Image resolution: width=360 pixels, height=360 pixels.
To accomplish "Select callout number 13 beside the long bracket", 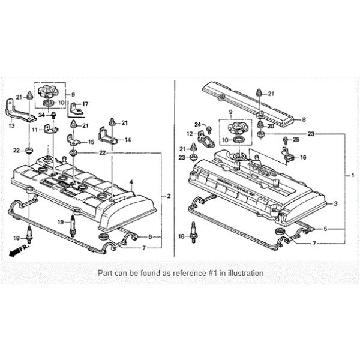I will click(13, 126).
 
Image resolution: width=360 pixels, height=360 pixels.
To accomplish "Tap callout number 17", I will click(85, 104).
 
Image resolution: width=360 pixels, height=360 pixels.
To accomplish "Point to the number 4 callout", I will click(131, 181).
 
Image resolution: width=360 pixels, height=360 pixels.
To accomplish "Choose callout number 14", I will click(128, 140).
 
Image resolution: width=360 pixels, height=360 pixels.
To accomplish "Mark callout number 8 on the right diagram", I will click(304, 119).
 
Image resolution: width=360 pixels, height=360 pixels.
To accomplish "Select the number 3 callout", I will click(335, 204).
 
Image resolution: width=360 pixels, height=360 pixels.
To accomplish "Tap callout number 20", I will click(271, 126).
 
